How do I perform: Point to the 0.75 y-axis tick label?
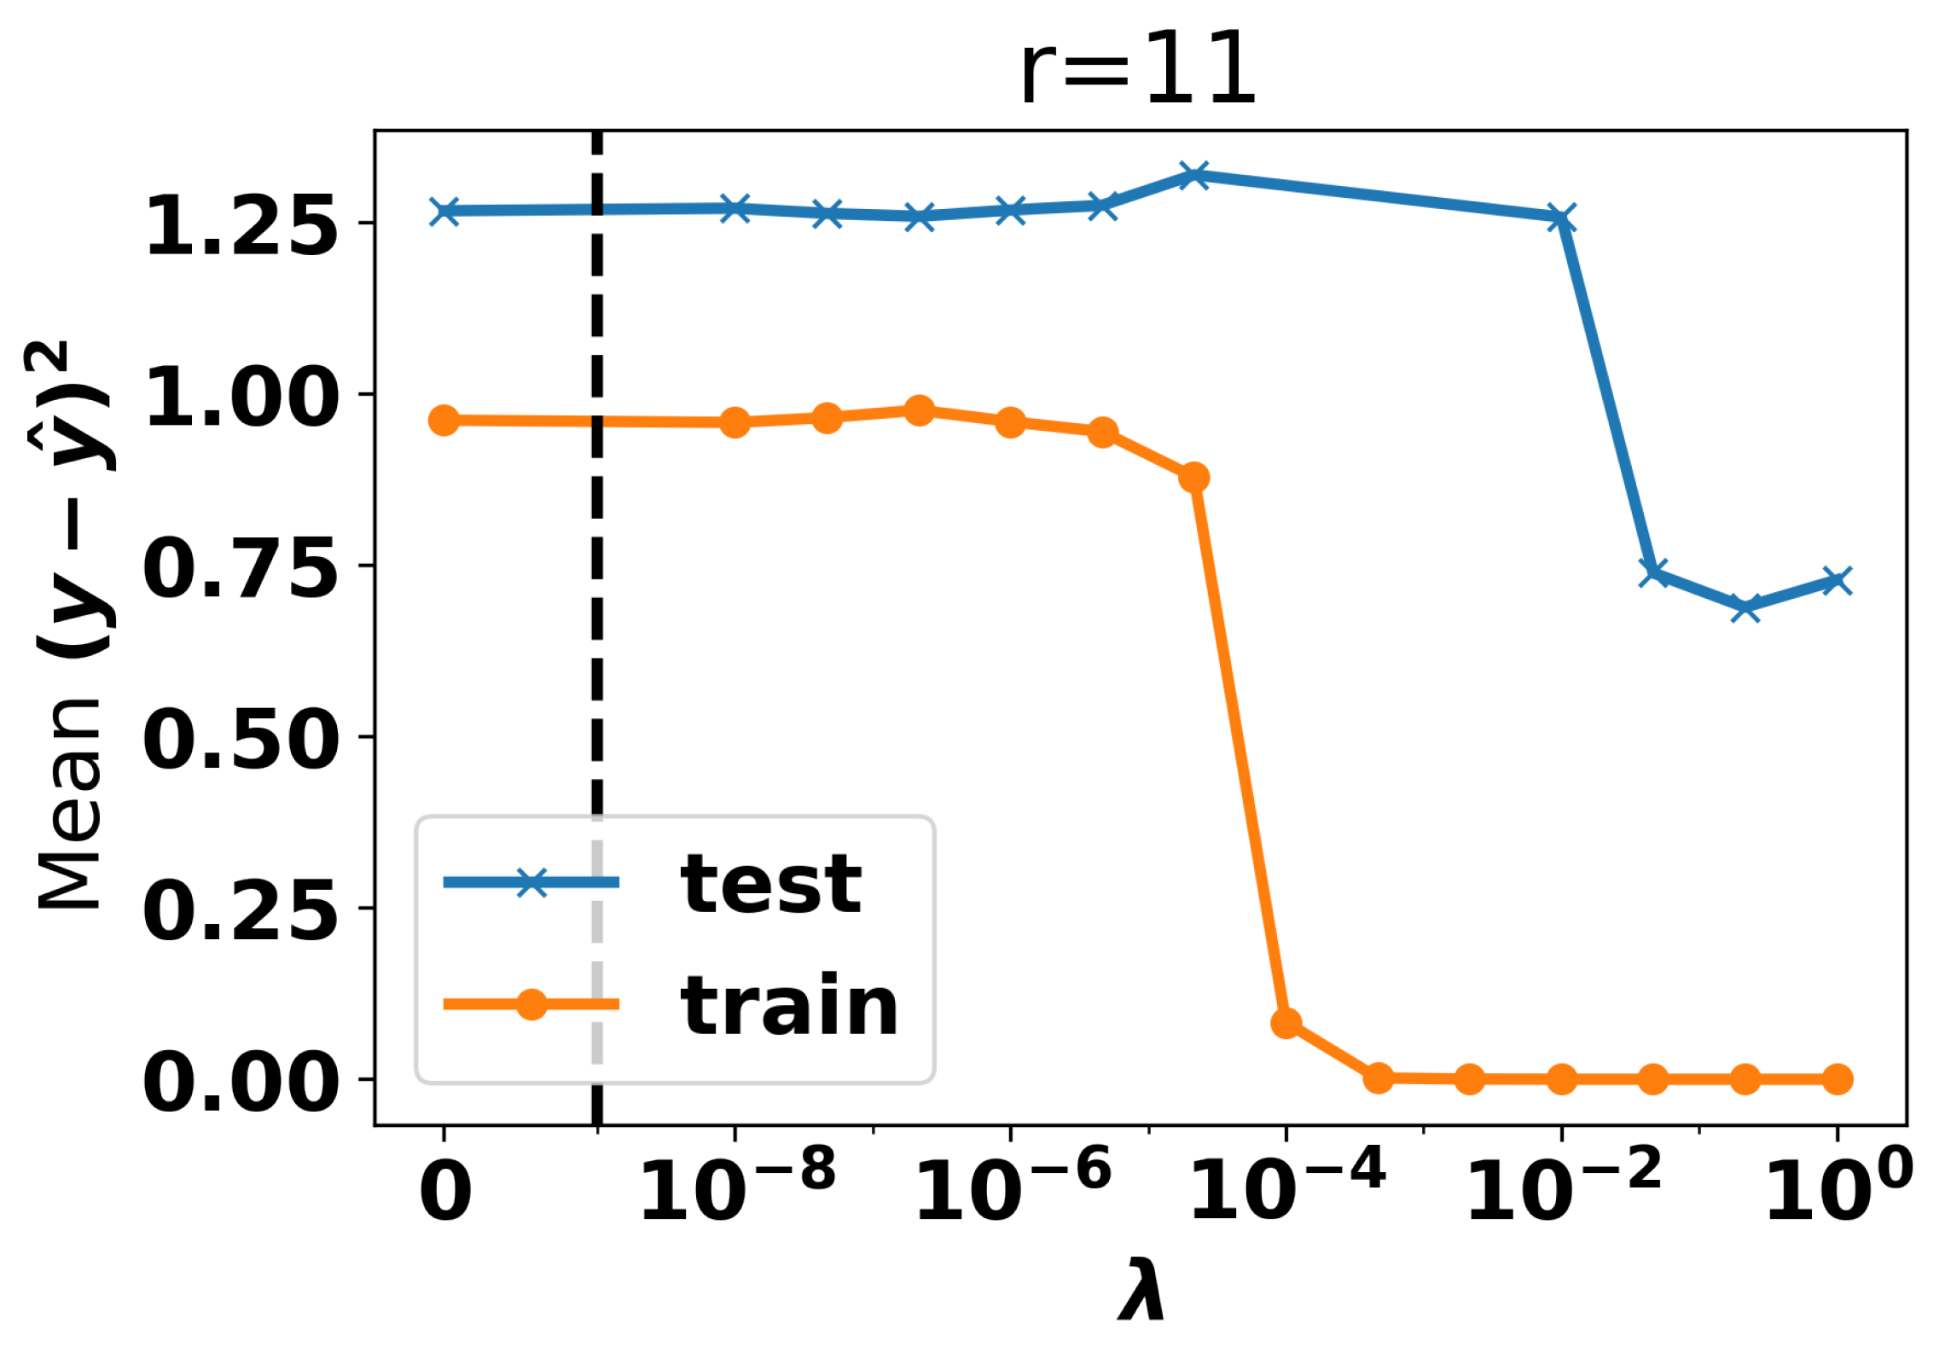click(x=241, y=567)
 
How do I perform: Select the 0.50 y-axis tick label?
click(x=241, y=739)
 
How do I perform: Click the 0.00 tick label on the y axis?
click(x=241, y=1082)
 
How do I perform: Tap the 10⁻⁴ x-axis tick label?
click(x=1287, y=1186)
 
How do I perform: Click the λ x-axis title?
click(x=1141, y=1289)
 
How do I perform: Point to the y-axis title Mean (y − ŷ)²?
click(x=73, y=627)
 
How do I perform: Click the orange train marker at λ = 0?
click(x=444, y=420)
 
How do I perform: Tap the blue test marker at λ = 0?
click(x=444, y=211)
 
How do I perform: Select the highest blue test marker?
click(x=1193, y=176)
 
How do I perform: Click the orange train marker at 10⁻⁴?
click(x=1286, y=1023)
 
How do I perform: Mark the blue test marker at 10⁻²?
click(x=1561, y=218)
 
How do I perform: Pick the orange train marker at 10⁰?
click(x=1837, y=1079)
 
